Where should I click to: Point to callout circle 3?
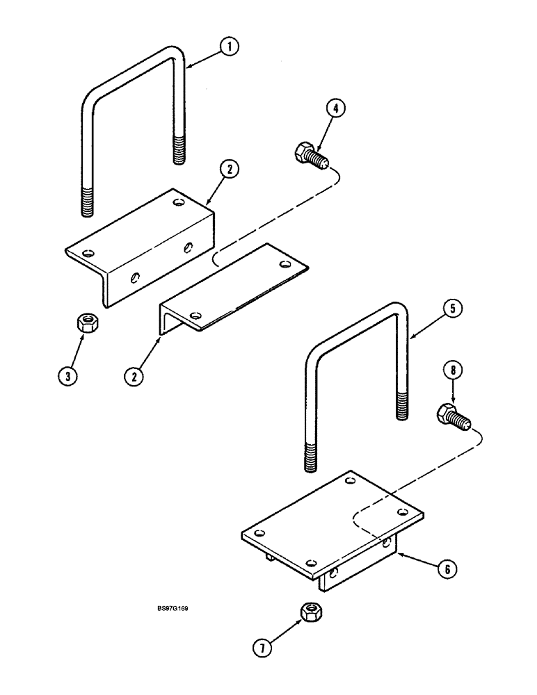tap(67, 376)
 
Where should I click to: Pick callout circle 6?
tap(447, 569)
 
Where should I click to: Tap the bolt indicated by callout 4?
tap(310, 156)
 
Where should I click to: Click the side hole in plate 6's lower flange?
tap(335, 573)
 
